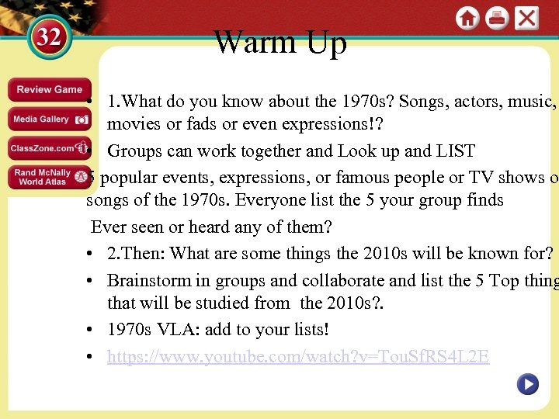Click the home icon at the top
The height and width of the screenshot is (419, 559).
(467, 19)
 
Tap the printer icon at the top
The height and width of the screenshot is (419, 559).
(497, 19)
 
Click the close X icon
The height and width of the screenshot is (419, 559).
(526, 19)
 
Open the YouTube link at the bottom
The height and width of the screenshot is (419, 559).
(298, 357)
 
